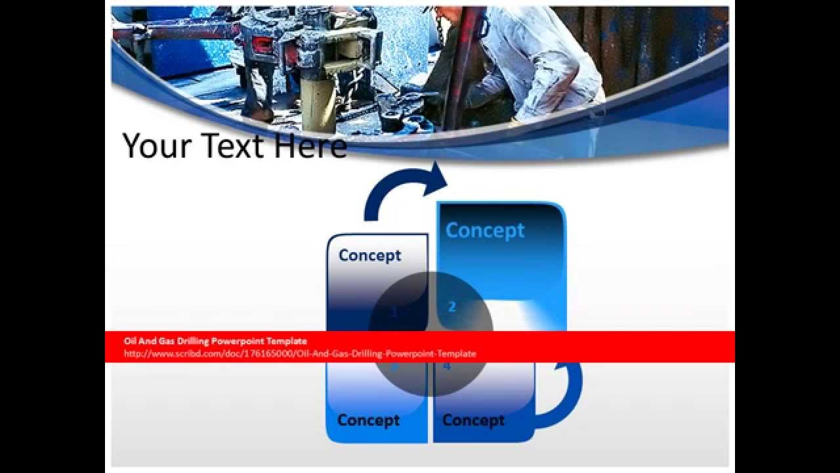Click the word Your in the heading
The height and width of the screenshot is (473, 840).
click(156, 146)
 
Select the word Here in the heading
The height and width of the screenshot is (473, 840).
click(310, 146)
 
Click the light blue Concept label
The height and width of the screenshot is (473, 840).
click(485, 231)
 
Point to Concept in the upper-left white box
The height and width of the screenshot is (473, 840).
click(369, 256)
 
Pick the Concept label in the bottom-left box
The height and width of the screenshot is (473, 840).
click(368, 420)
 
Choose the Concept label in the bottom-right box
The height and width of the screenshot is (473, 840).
click(473, 420)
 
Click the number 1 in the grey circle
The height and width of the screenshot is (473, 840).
click(394, 313)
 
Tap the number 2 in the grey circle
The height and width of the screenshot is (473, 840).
click(451, 307)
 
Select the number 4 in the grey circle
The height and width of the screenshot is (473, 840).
click(448, 367)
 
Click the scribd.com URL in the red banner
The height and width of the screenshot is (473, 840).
click(300, 353)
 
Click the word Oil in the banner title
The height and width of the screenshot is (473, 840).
click(130, 341)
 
